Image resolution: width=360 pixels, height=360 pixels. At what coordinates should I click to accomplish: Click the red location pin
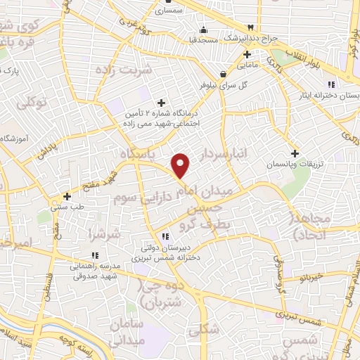(x=181, y=165)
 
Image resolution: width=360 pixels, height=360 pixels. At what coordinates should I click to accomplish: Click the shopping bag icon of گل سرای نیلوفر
(x=223, y=73)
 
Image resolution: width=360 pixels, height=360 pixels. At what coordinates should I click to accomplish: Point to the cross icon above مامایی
(x=246, y=54)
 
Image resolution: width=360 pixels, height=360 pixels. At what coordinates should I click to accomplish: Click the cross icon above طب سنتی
(x=67, y=196)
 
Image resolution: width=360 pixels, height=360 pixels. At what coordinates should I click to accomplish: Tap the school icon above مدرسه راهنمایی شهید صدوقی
(x=94, y=256)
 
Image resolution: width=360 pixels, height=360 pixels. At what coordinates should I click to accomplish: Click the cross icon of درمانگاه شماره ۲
(x=162, y=103)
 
